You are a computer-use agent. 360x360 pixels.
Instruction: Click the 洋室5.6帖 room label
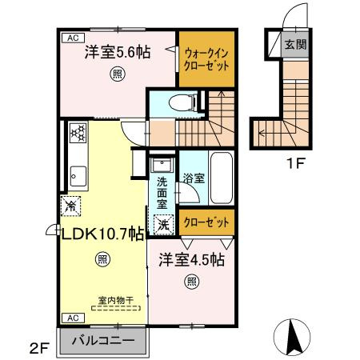(117, 54)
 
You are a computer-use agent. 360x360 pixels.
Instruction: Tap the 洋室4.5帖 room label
(190, 261)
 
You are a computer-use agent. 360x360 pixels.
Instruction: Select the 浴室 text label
(193, 178)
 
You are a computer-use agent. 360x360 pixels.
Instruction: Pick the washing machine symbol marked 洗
(162, 226)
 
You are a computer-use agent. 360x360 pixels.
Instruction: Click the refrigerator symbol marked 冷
(70, 205)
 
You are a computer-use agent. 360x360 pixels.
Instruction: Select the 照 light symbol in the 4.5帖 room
(191, 280)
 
